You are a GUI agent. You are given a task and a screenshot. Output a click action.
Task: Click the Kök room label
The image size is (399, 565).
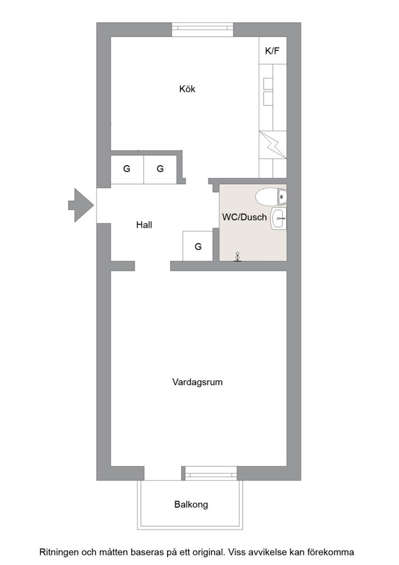point(187,89)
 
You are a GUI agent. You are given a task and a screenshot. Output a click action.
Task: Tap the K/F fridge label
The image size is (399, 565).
point(272,51)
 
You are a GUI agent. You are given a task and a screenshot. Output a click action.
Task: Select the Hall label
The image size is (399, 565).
point(144,225)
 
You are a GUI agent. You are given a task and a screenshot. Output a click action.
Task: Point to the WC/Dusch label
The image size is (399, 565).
point(245,217)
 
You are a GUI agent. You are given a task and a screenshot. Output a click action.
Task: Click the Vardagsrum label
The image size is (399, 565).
point(198,382)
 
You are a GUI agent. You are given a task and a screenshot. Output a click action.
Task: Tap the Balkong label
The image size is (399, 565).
point(191,505)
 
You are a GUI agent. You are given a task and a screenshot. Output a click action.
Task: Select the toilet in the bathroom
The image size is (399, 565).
point(271,196)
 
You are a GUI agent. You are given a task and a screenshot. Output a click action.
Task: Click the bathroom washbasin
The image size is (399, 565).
point(279,219)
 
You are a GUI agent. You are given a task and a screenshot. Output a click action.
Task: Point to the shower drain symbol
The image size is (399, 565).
point(237,257)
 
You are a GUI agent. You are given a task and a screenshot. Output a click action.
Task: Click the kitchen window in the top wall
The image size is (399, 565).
point(203,29)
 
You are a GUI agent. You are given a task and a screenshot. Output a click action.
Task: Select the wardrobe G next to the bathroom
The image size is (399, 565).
point(198,246)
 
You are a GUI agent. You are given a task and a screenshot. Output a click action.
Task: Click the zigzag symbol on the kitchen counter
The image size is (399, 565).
point(273,145)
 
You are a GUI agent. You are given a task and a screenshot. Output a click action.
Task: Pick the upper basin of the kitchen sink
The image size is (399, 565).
point(268,83)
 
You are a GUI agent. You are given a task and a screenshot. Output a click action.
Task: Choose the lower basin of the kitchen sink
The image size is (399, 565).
point(268,99)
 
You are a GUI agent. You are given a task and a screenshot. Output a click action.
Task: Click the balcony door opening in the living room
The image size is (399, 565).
point(163,473)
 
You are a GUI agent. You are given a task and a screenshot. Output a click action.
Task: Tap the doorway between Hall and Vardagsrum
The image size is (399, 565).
point(152,266)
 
